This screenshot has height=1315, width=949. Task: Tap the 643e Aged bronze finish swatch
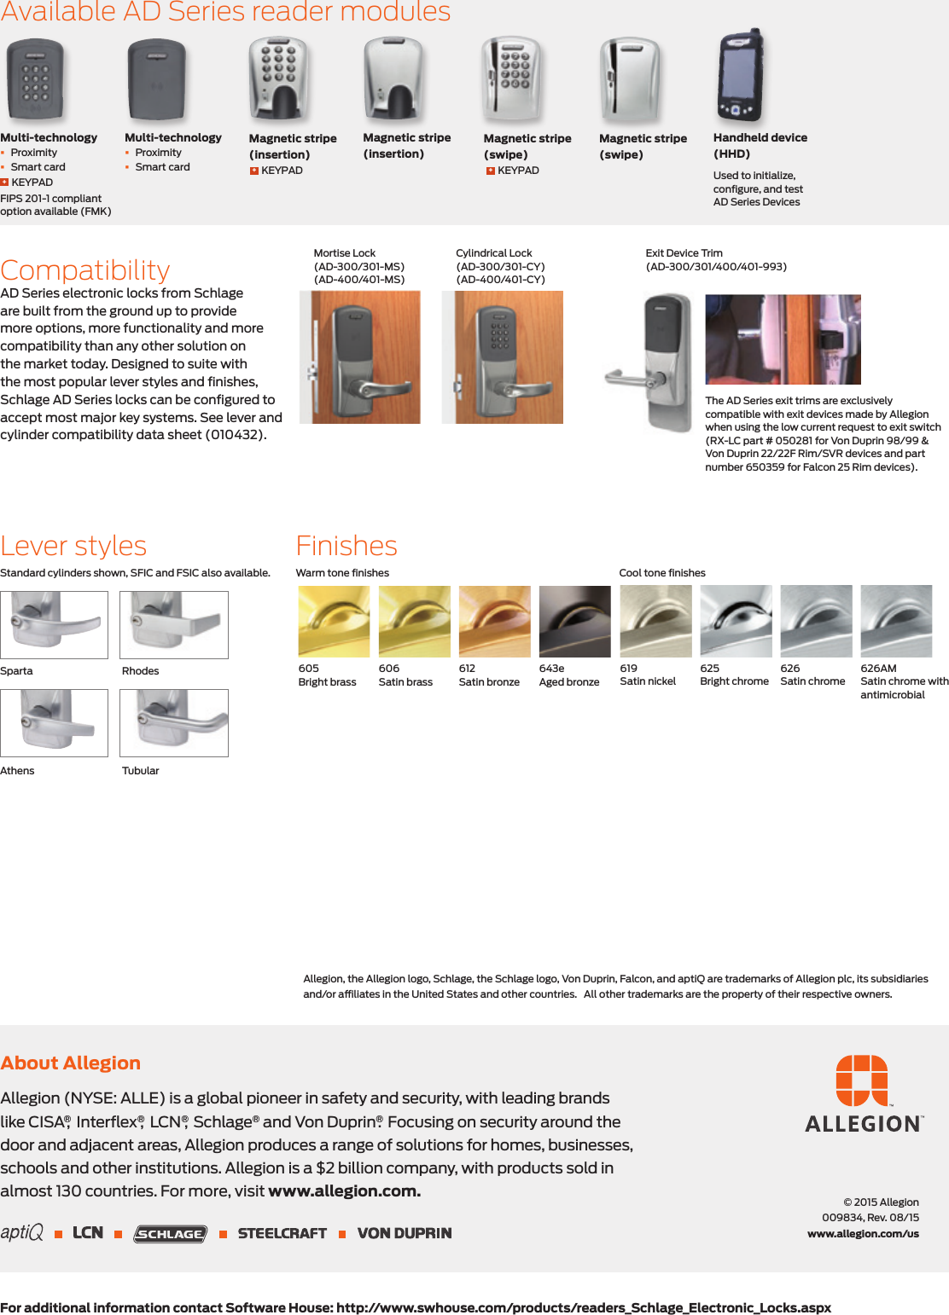coord(574,621)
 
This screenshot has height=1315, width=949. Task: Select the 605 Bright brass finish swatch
coord(334,621)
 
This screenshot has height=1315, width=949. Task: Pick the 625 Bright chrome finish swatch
coord(736,621)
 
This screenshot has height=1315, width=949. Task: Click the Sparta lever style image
coord(54,624)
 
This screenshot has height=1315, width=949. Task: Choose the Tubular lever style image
coord(174,722)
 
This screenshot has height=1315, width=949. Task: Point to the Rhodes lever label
coord(141,671)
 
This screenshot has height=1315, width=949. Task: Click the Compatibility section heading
coord(85,270)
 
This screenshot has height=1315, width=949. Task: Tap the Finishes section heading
coord(346,546)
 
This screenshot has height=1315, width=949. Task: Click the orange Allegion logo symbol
coord(862,1080)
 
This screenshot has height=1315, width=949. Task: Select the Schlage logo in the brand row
coord(171,1233)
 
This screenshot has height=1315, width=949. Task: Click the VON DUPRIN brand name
coord(405,1233)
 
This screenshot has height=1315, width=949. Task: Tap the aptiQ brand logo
coord(22,1232)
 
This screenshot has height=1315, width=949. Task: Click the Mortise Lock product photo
coord(360,357)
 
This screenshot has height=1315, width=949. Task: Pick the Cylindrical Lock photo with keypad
coord(504,357)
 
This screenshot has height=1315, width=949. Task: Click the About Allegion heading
coord(71,1063)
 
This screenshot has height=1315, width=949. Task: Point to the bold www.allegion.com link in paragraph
coord(344,1190)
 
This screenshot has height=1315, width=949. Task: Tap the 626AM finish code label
coord(878,669)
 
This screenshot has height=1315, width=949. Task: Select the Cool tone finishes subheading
coord(662,573)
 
